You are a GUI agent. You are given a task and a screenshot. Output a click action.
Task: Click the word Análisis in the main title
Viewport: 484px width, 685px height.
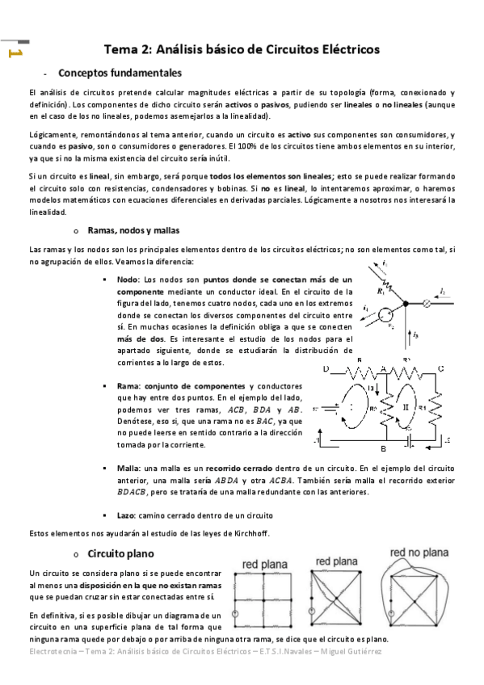click(191, 49)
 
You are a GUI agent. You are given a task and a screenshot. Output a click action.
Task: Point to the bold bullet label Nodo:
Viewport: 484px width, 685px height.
click(128, 279)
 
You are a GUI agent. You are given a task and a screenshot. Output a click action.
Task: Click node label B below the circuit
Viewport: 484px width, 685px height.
click(385, 448)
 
